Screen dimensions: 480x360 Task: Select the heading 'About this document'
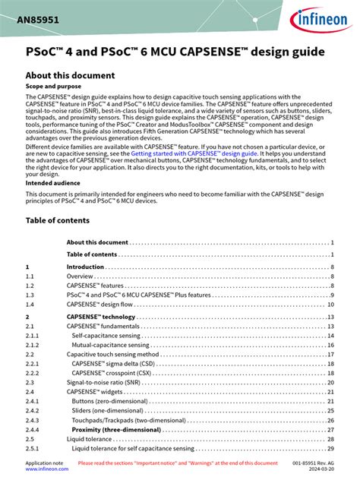(x=70, y=76)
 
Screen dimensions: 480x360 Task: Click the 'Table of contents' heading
(x=58, y=220)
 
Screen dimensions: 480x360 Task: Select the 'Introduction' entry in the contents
(x=85, y=267)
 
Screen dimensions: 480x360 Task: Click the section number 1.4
(x=30, y=303)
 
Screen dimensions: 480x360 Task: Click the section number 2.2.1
(x=33, y=363)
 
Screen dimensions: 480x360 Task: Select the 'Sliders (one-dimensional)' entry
(x=111, y=410)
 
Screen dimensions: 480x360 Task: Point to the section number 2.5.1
(x=33, y=448)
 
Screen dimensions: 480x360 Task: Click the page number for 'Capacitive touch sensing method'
(x=331, y=354)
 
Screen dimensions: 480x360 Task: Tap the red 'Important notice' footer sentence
(x=178, y=463)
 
